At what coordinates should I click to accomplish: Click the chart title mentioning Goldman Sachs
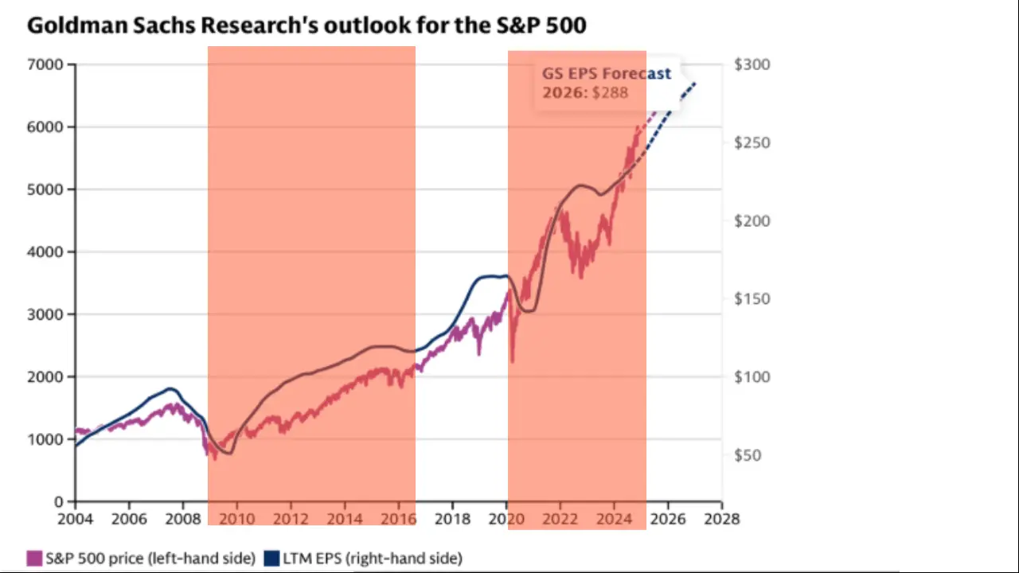[x=306, y=25]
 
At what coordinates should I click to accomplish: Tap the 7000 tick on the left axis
[x=47, y=64]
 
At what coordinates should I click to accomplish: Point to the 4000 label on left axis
[x=47, y=251]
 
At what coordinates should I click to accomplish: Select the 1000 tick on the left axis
[x=47, y=439]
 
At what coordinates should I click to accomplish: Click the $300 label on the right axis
[x=752, y=64]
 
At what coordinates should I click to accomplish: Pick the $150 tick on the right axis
[x=752, y=299]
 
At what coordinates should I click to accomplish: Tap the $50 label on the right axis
[x=748, y=455]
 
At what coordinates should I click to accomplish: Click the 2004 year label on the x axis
[x=76, y=519]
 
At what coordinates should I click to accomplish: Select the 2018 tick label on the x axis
[x=452, y=519]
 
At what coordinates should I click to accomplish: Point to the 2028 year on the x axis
[x=722, y=519]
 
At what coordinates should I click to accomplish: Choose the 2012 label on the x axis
[x=291, y=519]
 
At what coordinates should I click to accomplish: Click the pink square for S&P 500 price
[x=34, y=559]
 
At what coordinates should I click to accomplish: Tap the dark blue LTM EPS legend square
[x=271, y=559]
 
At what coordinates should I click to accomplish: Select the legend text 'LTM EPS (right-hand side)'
[x=373, y=559]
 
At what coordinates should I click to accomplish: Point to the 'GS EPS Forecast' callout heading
[x=607, y=73]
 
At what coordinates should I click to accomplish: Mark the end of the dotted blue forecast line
[x=695, y=83]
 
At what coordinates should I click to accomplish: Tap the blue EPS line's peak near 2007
[x=169, y=388]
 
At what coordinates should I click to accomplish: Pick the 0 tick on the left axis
[x=59, y=502]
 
